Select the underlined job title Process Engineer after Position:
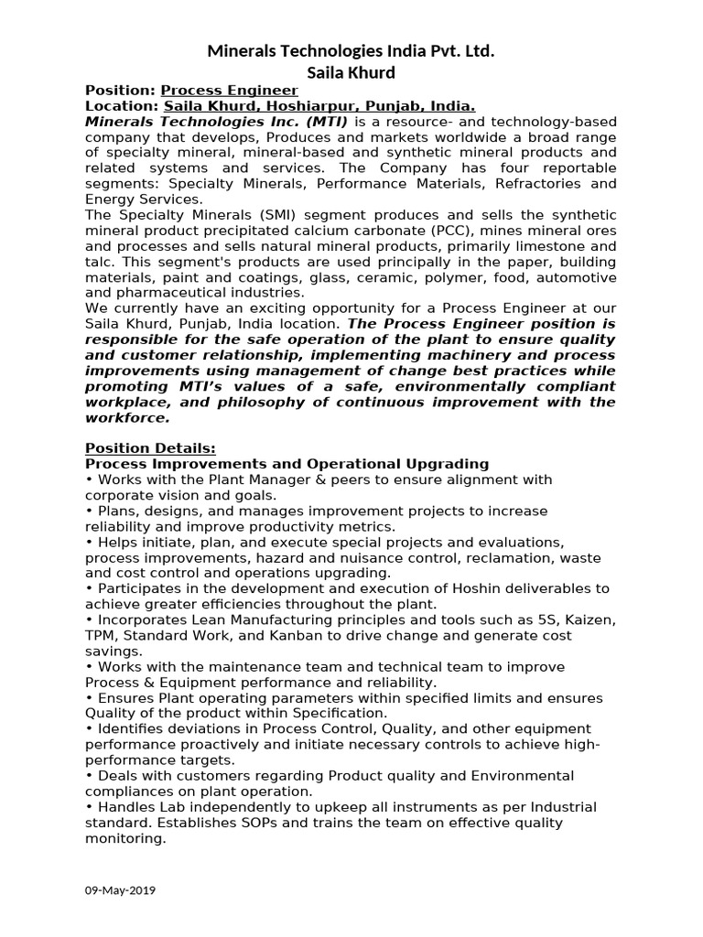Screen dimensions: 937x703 tap(229, 91)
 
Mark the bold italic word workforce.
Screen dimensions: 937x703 tap(127, 417)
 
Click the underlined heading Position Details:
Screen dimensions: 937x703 tap(150, 448)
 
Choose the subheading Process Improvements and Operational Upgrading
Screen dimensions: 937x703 tap(287, 464)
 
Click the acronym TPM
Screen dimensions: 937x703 tap(101, 635)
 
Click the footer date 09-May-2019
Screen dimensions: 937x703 tap(120, 889)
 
